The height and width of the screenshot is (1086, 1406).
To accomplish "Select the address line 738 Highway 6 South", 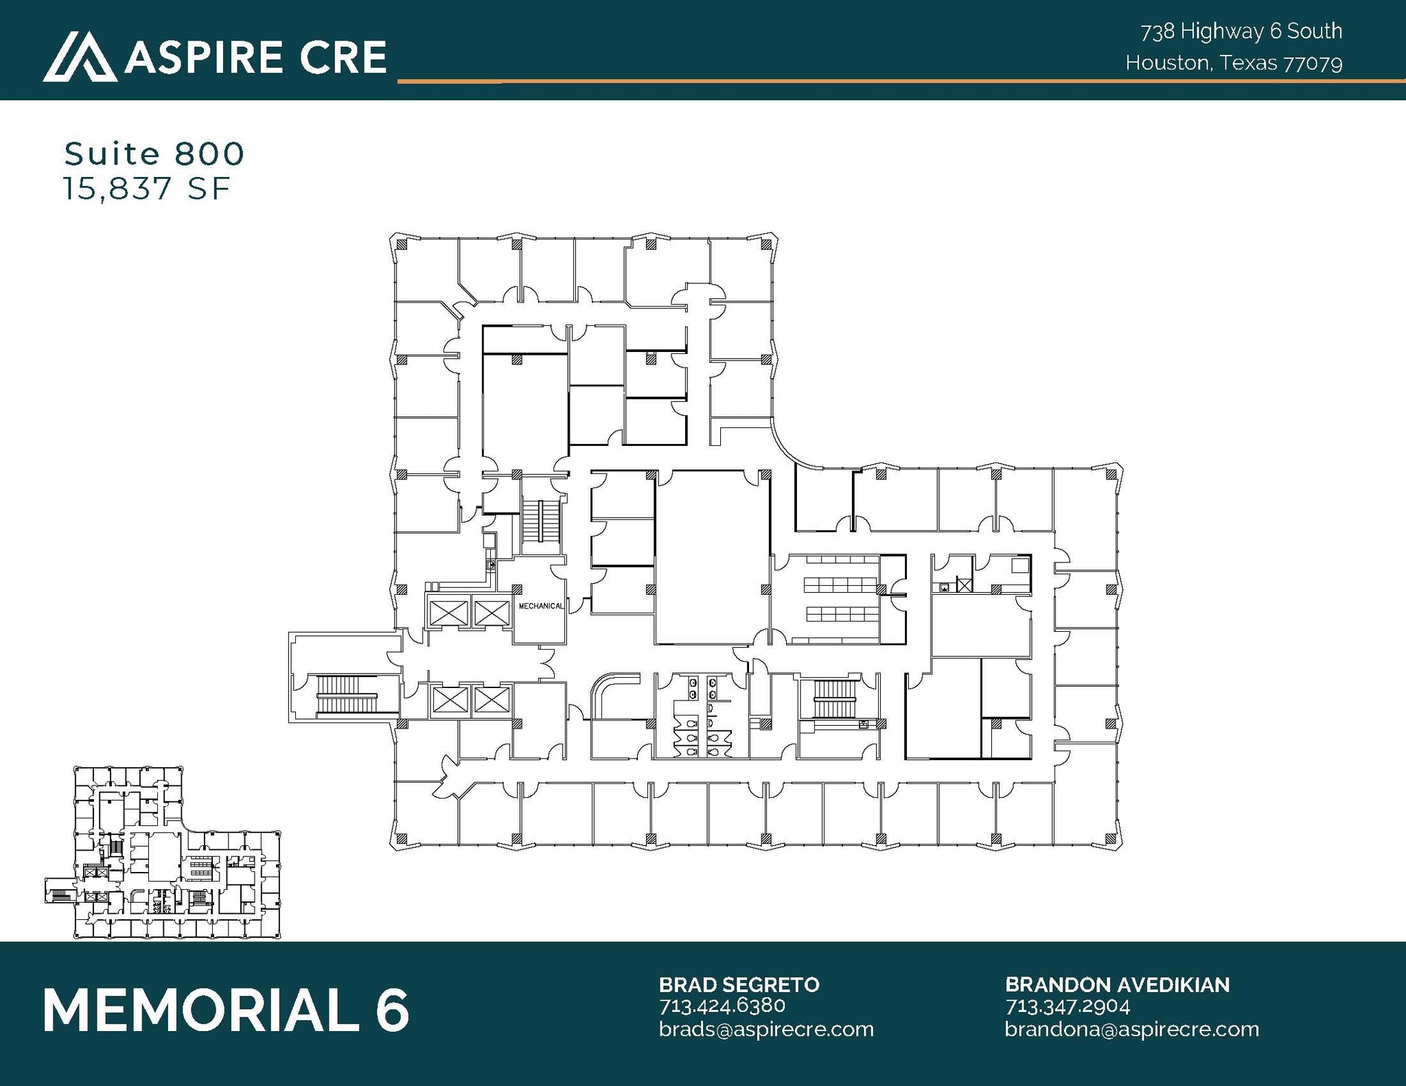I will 1241,31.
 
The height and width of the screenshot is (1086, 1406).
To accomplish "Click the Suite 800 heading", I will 154,154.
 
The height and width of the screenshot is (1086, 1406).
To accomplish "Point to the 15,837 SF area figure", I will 146,189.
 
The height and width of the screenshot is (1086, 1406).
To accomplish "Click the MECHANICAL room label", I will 541,606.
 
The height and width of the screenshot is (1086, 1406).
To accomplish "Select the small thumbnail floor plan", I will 163,852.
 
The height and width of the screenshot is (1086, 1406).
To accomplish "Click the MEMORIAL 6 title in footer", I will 227,1010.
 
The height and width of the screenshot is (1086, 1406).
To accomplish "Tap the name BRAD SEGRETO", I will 739,984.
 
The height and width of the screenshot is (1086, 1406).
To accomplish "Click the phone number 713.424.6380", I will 722,1006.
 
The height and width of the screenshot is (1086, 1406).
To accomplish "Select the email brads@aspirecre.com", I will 765,1029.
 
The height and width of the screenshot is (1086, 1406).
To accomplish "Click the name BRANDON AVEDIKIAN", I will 1117,984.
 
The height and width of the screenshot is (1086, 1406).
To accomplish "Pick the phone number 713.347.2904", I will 1067,1006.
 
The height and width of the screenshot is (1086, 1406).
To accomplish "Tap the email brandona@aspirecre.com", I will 1131,1029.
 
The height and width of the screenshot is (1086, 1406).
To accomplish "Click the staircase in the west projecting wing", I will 347,696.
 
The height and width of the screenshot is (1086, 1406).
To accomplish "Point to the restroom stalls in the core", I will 701,717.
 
